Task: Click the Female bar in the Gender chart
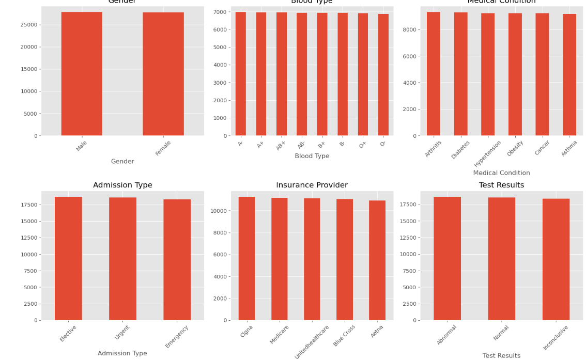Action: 163,74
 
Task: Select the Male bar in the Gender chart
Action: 82,74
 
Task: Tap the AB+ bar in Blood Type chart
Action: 281,74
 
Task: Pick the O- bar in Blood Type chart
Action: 383,75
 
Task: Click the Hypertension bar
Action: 488,74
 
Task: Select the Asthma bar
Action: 569,75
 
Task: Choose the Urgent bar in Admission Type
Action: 122,259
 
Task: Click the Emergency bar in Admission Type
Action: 177,260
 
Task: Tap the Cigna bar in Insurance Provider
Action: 246,258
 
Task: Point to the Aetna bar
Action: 377,260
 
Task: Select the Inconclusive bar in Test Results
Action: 556,259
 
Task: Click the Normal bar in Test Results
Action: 501,259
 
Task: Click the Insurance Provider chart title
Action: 312,185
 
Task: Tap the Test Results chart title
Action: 501,185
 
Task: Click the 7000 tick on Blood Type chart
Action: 221,12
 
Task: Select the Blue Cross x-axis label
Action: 345,335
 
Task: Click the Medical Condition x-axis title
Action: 501,173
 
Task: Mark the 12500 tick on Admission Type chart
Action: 28,238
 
